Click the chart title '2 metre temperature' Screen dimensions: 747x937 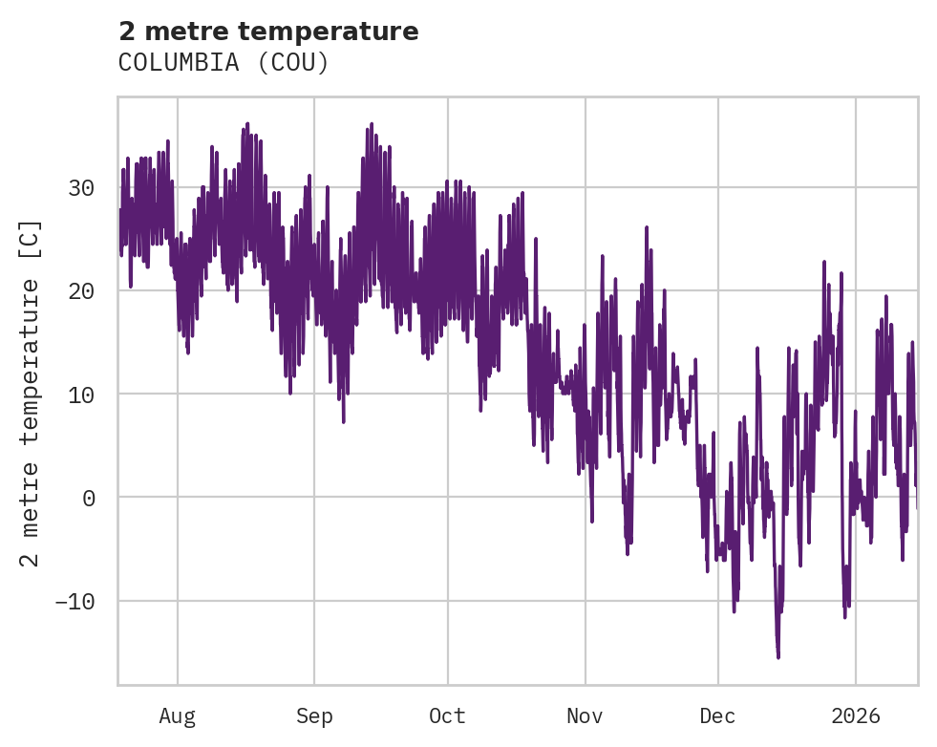(x=268, y=32)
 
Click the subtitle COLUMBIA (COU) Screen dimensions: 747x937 (x=224, y=63)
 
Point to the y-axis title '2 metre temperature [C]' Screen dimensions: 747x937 (x=31, y=392)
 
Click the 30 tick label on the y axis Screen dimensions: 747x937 (x=80, y=187)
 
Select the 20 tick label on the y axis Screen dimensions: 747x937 (x=80, y=290)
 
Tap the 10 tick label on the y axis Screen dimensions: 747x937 (x=80, y=394)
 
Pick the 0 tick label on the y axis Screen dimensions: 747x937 (x=87, y=498)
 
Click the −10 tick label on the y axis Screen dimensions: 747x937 (x=75, y=601)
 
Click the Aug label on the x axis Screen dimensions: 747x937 (x=178, y=715)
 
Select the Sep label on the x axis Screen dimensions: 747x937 (x=314, y=715)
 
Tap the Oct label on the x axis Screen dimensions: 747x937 (x=447, y=715)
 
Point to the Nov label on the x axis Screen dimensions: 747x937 (x=585, y=715)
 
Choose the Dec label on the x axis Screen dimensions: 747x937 (x=717, y=715)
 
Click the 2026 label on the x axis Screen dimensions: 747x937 (x=855, y=715)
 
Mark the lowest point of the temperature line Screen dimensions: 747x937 (x=778, y=657)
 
